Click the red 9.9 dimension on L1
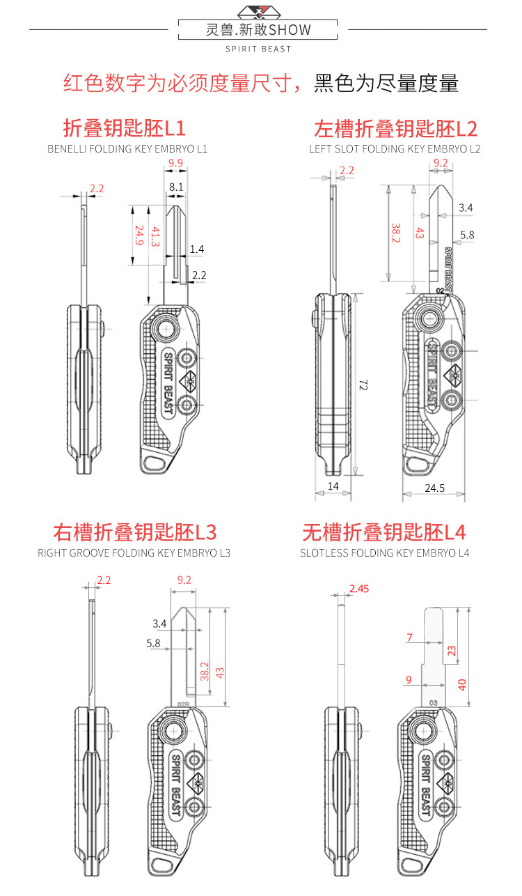[x=175, y=163]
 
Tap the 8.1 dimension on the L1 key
[x=176, y=187]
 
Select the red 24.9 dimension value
[x=139, y=235]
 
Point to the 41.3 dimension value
[x=155, y=237]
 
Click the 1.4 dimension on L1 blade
[x=197, y=249]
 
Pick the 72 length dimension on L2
[x=363, y=385]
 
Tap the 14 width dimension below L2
[x=333, y=486]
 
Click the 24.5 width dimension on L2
[x=434, y=488]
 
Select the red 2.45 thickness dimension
[x=359, y=589]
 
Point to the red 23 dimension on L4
[x=452, y=650]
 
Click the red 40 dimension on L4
[x=462, y=685]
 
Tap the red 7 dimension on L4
[x=409, y=638]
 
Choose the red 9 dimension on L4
[x=409, y=680]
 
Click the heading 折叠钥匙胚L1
[x=125, y=128]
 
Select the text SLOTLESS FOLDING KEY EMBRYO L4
[x=384, y=553]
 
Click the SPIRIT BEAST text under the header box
[x=258, y=49]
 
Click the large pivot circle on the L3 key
[x=173, y=731]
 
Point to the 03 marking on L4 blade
[x=434, y=703]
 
